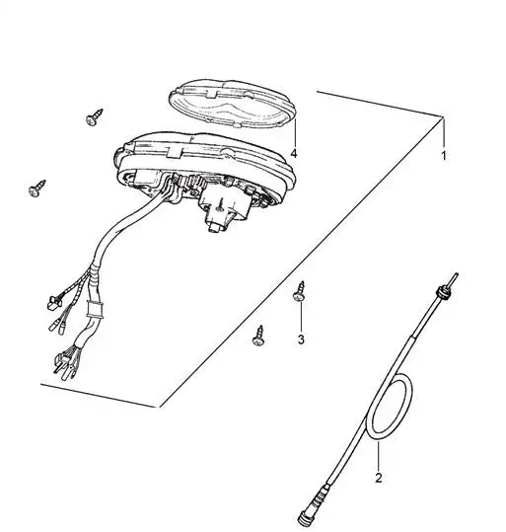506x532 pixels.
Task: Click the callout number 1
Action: tap(443, 156)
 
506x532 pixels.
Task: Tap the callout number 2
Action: tap(379, 478)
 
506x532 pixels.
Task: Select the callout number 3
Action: tap(301, 340)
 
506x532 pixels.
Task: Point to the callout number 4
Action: tap(294, 153)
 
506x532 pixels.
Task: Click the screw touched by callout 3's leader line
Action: tap(300, 291)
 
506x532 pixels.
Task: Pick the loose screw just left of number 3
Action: tap(259, 336)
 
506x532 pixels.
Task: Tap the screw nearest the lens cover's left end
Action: tap(95, 117)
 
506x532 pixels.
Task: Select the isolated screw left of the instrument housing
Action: tap(36, 189)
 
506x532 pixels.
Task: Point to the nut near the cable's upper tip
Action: tap(442, 292)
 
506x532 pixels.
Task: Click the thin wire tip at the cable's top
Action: tap(454, 280)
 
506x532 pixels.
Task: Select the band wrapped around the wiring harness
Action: tap(95, 309)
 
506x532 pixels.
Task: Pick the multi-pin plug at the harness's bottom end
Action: tap(65, 364)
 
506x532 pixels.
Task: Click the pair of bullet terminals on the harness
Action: tap(57, 327)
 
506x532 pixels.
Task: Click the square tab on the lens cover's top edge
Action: tap(212, 95)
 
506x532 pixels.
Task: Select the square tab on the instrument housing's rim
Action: tap(174, 152)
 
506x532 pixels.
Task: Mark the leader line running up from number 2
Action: tap(378, 456)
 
